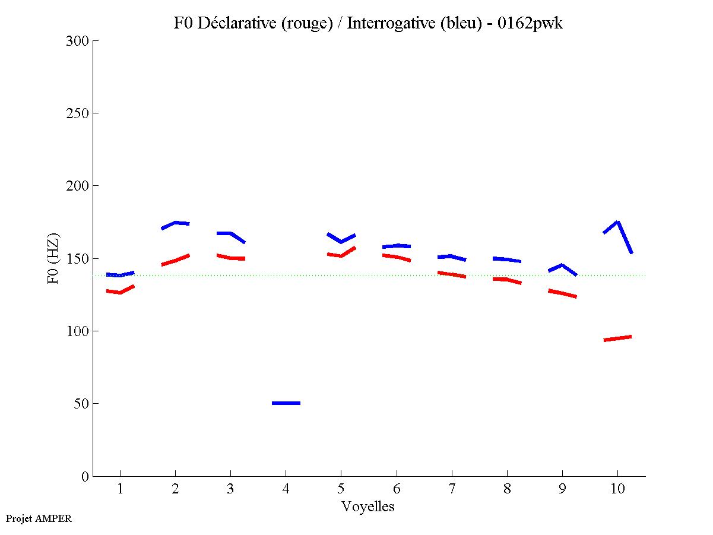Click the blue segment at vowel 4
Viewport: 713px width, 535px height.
point(286,403)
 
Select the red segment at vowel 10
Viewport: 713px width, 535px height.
point(617,338)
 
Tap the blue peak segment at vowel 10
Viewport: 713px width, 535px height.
point(618,223)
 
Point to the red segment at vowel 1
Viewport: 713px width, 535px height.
point(121,292)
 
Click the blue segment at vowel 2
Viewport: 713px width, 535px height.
point(175,223)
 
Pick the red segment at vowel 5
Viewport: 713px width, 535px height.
point(341,255)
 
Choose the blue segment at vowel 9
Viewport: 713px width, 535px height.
point(562,266)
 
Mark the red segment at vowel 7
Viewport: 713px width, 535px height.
point(452,274)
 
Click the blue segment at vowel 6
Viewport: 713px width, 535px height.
point(397,245)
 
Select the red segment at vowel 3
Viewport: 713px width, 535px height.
point(230,258)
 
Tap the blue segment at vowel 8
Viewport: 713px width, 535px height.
point(506,259)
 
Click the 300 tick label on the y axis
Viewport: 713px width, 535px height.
point(78,41)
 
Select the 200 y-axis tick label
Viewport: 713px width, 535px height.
point(78,186)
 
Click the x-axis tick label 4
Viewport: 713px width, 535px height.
point(286,489)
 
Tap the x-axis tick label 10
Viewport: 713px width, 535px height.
point(617,489)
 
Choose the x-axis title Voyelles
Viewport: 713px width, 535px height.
point(368,506)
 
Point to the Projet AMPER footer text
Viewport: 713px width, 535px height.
point(39,518)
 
